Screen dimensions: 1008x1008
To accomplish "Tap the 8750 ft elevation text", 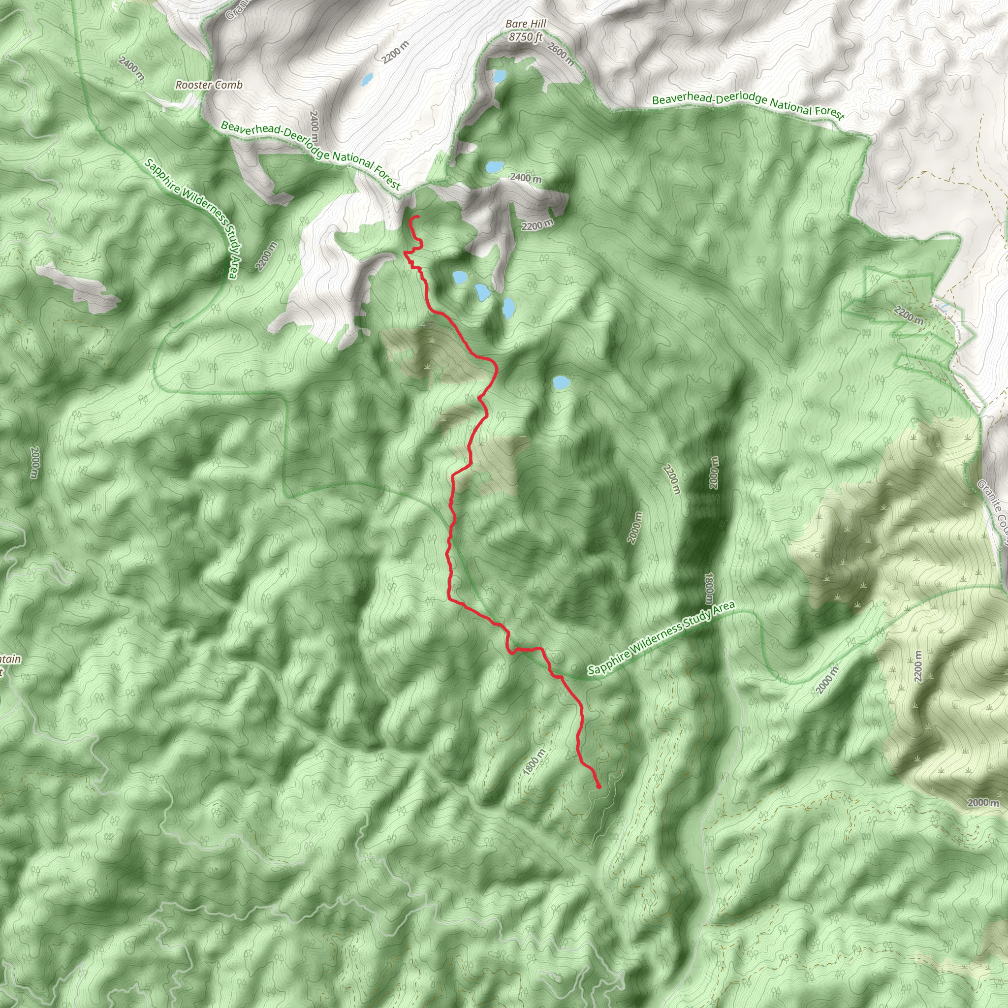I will [x=525, y=37].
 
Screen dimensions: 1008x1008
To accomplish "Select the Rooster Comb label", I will [x=209, y=85].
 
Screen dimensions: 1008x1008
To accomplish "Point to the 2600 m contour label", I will [x=561, y=54].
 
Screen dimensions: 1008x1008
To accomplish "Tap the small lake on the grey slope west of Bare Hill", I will [x=367, y=80].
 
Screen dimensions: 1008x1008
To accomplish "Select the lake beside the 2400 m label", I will [x=494, y=167].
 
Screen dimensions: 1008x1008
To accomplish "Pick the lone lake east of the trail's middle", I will [x=560, y=382].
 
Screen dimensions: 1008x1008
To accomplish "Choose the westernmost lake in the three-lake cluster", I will [x=460, y=277].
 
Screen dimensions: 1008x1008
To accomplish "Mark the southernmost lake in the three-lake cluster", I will [x=507, y=308].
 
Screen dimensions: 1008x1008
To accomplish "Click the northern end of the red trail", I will [x=418, y=217].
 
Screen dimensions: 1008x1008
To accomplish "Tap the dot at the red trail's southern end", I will [x=598, y=786].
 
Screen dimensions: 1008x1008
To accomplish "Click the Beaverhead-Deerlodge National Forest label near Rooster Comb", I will [x=311, y=155].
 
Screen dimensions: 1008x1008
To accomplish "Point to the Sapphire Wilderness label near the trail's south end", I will [x=661, y=637].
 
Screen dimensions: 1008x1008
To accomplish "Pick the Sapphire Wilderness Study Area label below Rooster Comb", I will [x=191, y=218].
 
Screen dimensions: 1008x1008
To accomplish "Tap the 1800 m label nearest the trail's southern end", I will [x=534, y=762].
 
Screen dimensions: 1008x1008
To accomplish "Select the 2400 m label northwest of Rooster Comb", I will [x=131, y=68].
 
